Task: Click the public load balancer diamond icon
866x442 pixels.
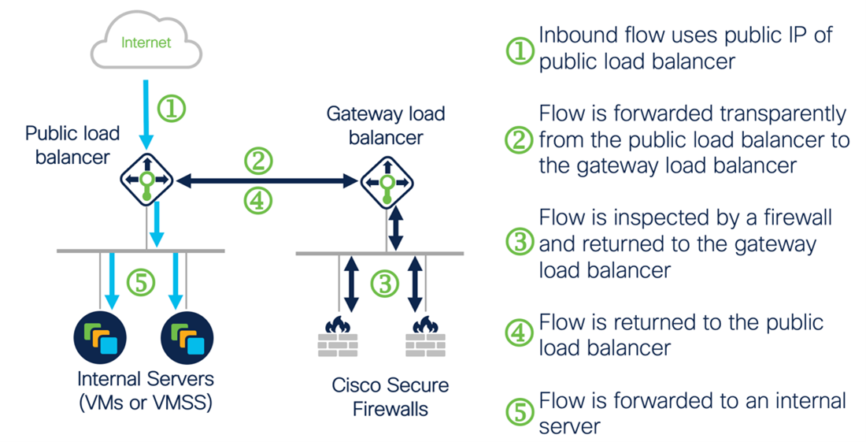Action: (x=146, y=180)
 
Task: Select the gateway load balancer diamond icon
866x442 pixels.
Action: (x=386, y=182)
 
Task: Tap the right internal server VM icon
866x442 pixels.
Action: (x=187, y=336)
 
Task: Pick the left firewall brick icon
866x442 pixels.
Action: (x=337, y=337)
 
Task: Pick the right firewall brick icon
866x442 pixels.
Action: (x=426, y=337)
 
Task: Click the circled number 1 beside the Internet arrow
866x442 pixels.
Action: (x=172, y=108)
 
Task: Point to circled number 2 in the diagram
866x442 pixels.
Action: (x=257, y=162)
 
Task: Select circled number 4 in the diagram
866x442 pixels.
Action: (x=257, y=202)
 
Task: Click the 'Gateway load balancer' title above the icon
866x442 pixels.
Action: (x=386, y=125)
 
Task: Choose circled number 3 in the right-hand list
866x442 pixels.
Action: (x=520, y=242)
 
